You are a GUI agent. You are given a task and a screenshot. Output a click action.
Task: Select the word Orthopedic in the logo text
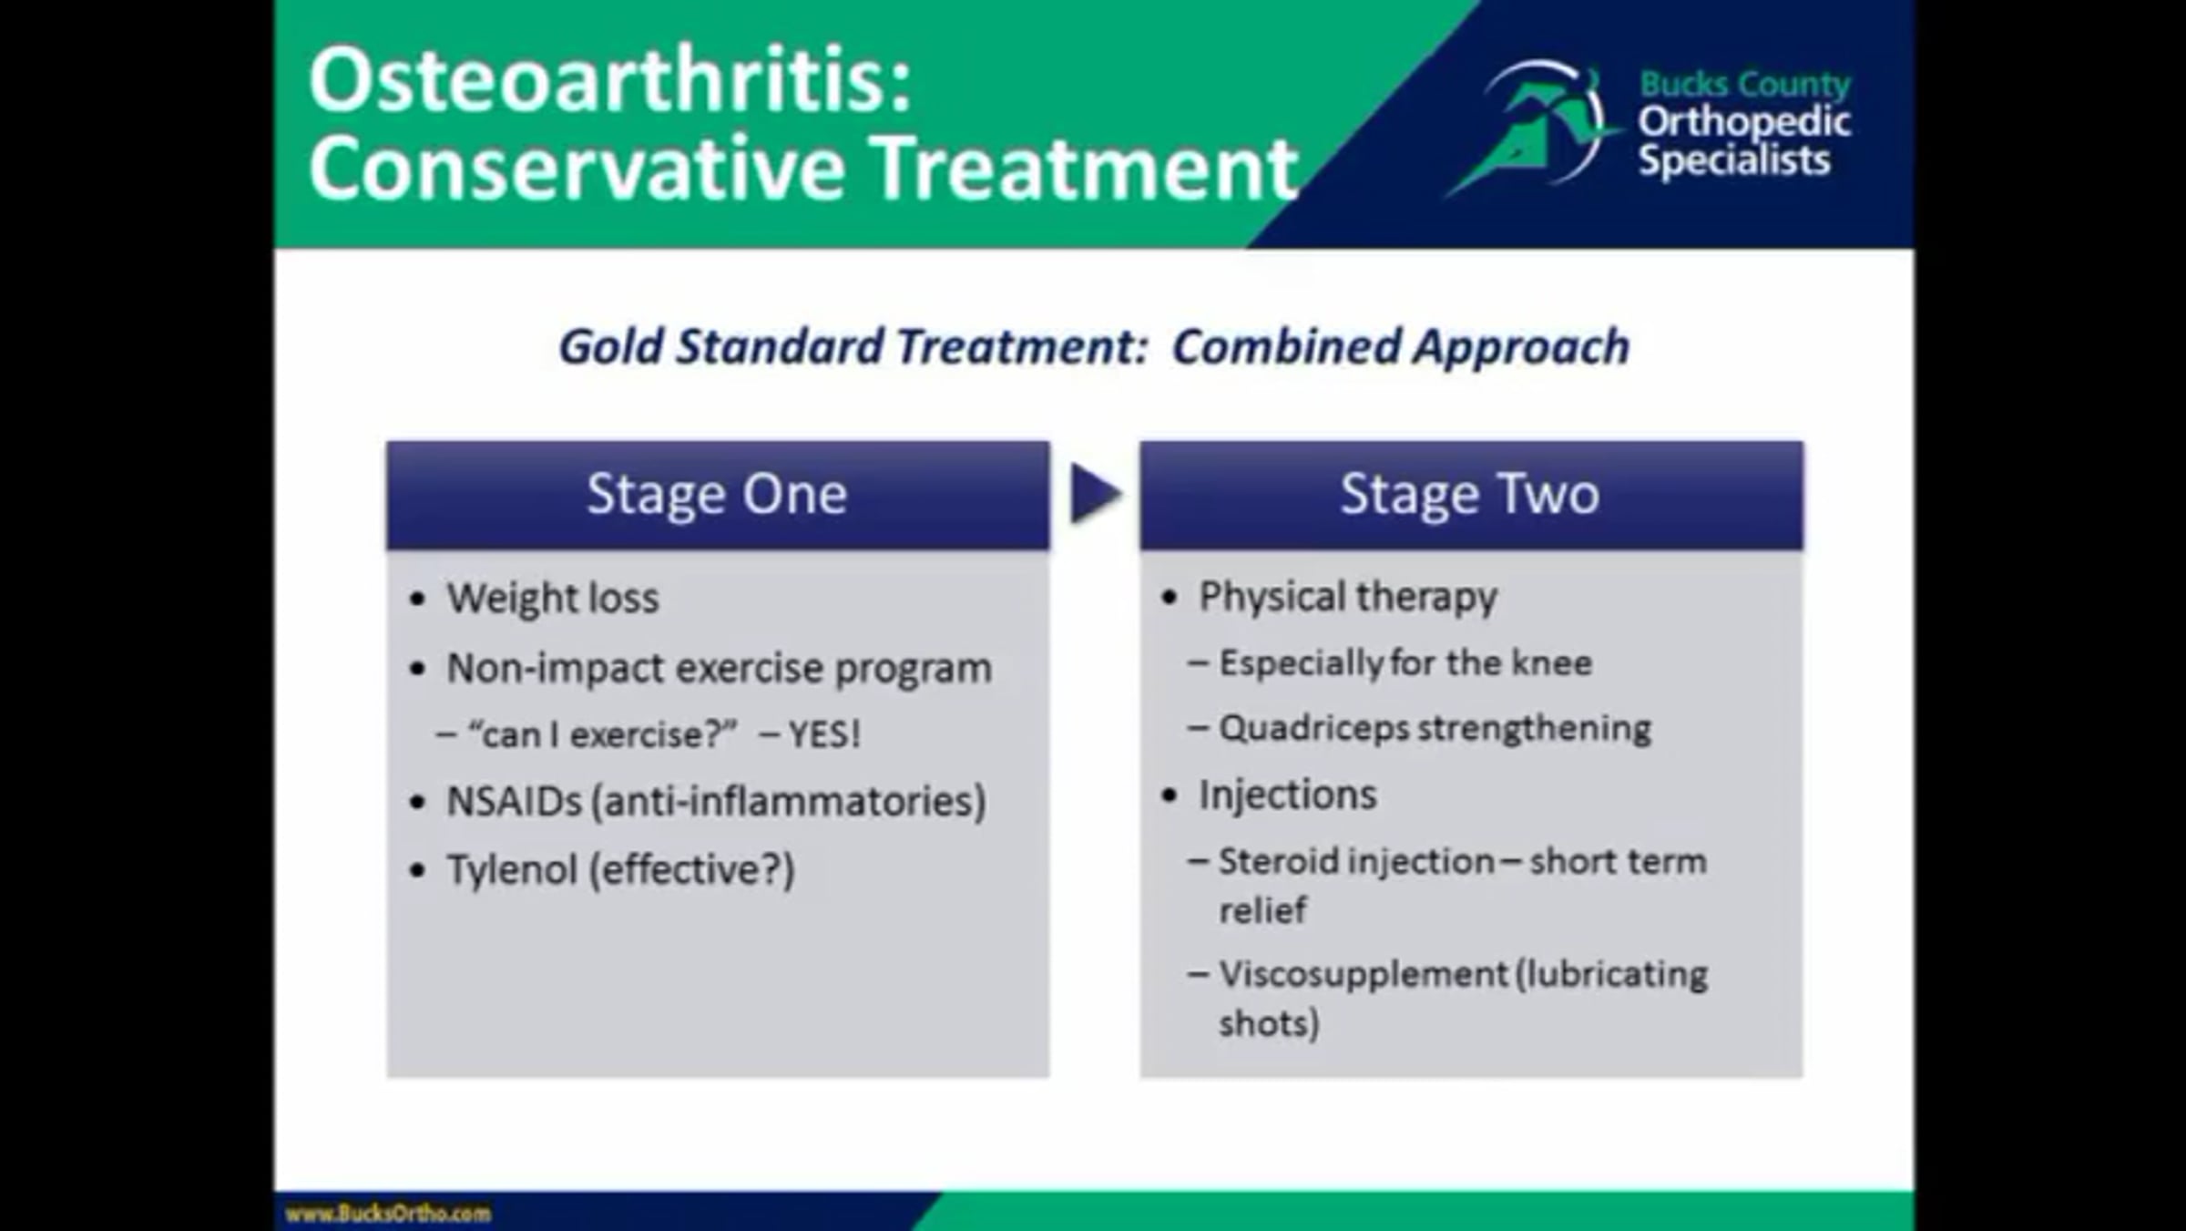click(x=1744, y=121)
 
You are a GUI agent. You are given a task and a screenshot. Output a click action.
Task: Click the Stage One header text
click(x=717, y=495)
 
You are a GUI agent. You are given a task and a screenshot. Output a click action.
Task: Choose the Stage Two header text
click(x=1469, y=495)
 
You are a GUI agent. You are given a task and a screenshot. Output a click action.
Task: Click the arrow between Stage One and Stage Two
click(x=1095, y=494)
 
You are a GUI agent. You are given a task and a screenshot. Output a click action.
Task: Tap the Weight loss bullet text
click(x=552, y=599)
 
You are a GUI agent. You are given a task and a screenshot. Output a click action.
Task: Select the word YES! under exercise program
click(x=823, y=734)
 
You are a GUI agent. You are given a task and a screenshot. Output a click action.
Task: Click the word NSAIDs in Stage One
click(x=514, y=802)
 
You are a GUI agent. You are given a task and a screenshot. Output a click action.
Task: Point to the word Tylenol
click(x=512, y=870)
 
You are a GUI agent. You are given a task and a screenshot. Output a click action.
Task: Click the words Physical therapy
click(x=1348, y=598)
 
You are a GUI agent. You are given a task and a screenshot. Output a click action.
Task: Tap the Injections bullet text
click(x=1287, y=795)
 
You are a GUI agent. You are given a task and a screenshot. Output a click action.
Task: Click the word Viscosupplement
click(x=1364, y=975)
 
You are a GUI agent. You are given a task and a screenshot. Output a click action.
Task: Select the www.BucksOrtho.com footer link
click(x=388, y=1213)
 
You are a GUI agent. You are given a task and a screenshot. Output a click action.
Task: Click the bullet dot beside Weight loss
click(x=418, y=600)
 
